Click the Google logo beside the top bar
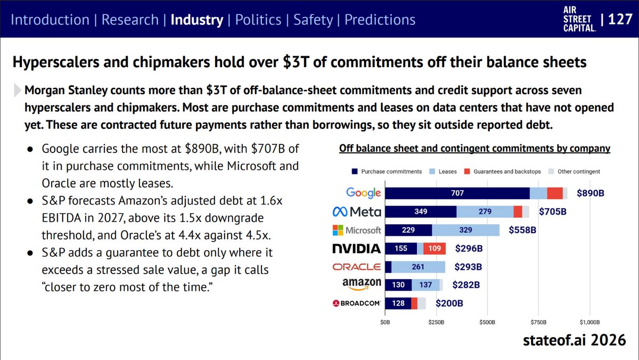click(363, 193)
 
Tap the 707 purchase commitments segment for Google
click(457, 193)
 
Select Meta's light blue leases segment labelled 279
click(485, 211)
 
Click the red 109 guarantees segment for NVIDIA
click(435, 249)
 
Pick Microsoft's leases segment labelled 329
click(465, 230)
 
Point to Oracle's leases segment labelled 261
click(418, 267)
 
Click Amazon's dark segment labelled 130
click(398, 285)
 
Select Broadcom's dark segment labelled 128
click(398, 303)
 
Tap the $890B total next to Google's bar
click(590, 193)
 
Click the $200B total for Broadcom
click(449, 303)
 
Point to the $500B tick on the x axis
click(487, 322)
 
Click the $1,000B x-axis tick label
click(589, 322)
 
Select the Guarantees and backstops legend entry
click(503, 171)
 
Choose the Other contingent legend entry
click(574, 171)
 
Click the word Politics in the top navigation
click(258, 20)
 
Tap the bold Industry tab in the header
click(197, 20)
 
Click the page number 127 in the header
click(620, 19)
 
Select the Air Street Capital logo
click(579, 19)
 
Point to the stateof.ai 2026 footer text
click(574, 340)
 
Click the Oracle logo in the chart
click(357, 267)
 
